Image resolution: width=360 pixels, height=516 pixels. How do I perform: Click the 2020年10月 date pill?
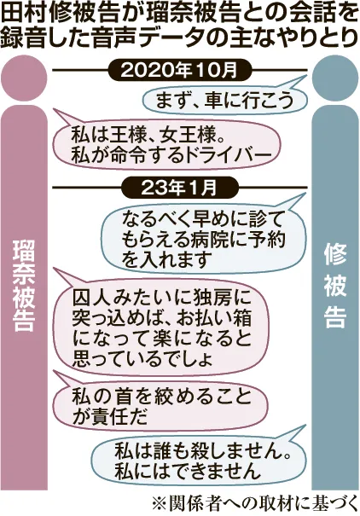180,70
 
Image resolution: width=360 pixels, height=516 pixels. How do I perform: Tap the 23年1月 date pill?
180,188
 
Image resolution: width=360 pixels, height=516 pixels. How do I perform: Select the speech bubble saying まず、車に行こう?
224,100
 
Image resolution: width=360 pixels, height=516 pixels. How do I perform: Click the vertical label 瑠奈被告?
24,285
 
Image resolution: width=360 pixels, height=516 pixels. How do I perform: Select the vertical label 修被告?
335,286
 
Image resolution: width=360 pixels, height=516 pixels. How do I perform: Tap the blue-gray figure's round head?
335,78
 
